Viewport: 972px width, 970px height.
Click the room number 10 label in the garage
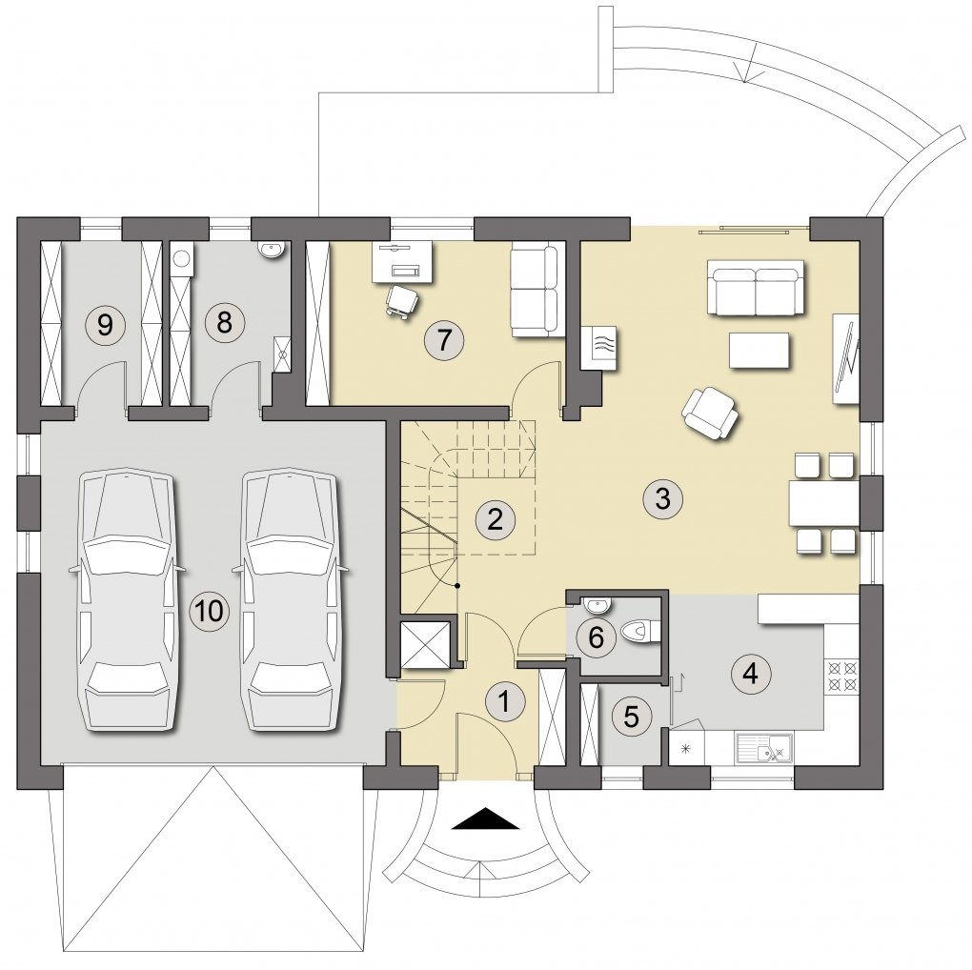pyautogui.click(x=209, y=612)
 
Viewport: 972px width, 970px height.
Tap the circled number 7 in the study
pyautogui.click(x=443, y=340)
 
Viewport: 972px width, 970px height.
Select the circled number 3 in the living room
pyautogui.click(x=662, y=497)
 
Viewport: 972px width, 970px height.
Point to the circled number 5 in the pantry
pyautogui.click(x=631, y=717)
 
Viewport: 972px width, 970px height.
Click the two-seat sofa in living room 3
pyautogui.click(x=756, y=288)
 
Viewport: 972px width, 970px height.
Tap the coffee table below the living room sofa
pyautogui.click(x=759, y=351)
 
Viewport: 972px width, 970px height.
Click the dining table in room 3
pyautogui.click(x=824, y=502)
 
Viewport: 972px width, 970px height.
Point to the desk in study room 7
pyautogui.click(x=402, y=263)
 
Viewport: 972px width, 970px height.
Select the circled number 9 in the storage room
pyautogui.click(x=105, y=324)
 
